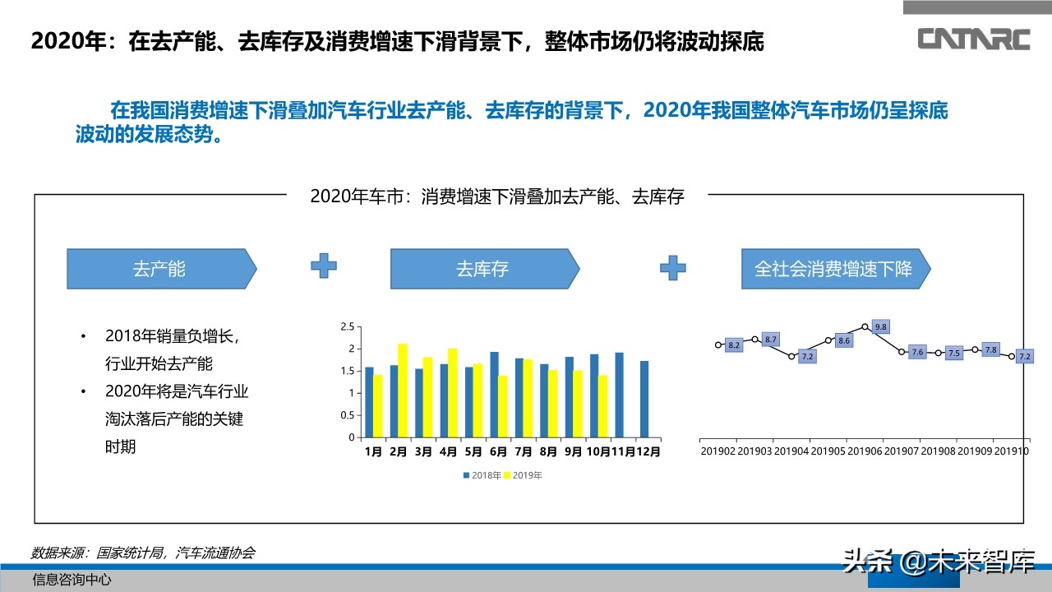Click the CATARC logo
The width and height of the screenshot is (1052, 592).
click(x=974, y=39)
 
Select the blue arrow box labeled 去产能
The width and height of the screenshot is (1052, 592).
click(x=161, y=269)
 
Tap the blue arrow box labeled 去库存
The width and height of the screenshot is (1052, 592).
click(x=484, y=269)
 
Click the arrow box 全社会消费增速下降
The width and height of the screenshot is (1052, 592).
click(x=833, y=269)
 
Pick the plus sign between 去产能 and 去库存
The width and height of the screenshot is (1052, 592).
click(x=323, y=266)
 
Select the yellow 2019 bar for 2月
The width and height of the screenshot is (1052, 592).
click(x=402, y=391)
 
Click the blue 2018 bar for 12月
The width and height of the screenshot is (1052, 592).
click(x=644, y=399)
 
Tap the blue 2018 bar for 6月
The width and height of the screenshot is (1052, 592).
click(x=495, y=395)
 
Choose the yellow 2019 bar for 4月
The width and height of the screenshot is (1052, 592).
click(x=452, y=393)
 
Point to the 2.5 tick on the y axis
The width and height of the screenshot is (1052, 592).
click(x=347, y=326)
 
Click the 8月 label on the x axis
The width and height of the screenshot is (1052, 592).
click(x=548, y=451)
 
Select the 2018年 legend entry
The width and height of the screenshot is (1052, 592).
click(x=482, y=475)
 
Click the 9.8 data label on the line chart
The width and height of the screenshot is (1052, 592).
click(x=881, y=327)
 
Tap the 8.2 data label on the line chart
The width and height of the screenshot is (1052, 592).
click(x=734, y=345)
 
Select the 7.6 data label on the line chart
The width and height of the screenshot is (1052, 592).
click(x=918, y=352)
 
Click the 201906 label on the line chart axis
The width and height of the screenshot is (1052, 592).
click(x=865, y=451)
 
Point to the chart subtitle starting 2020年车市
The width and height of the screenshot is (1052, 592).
click(x=497, y=197)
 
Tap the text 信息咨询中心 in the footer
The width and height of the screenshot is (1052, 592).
click(x=72, y=579)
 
